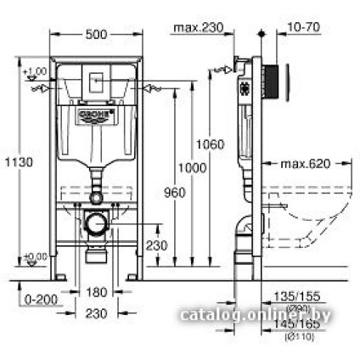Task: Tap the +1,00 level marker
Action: coord(36,73)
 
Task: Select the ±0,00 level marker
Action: coord(36,257)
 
